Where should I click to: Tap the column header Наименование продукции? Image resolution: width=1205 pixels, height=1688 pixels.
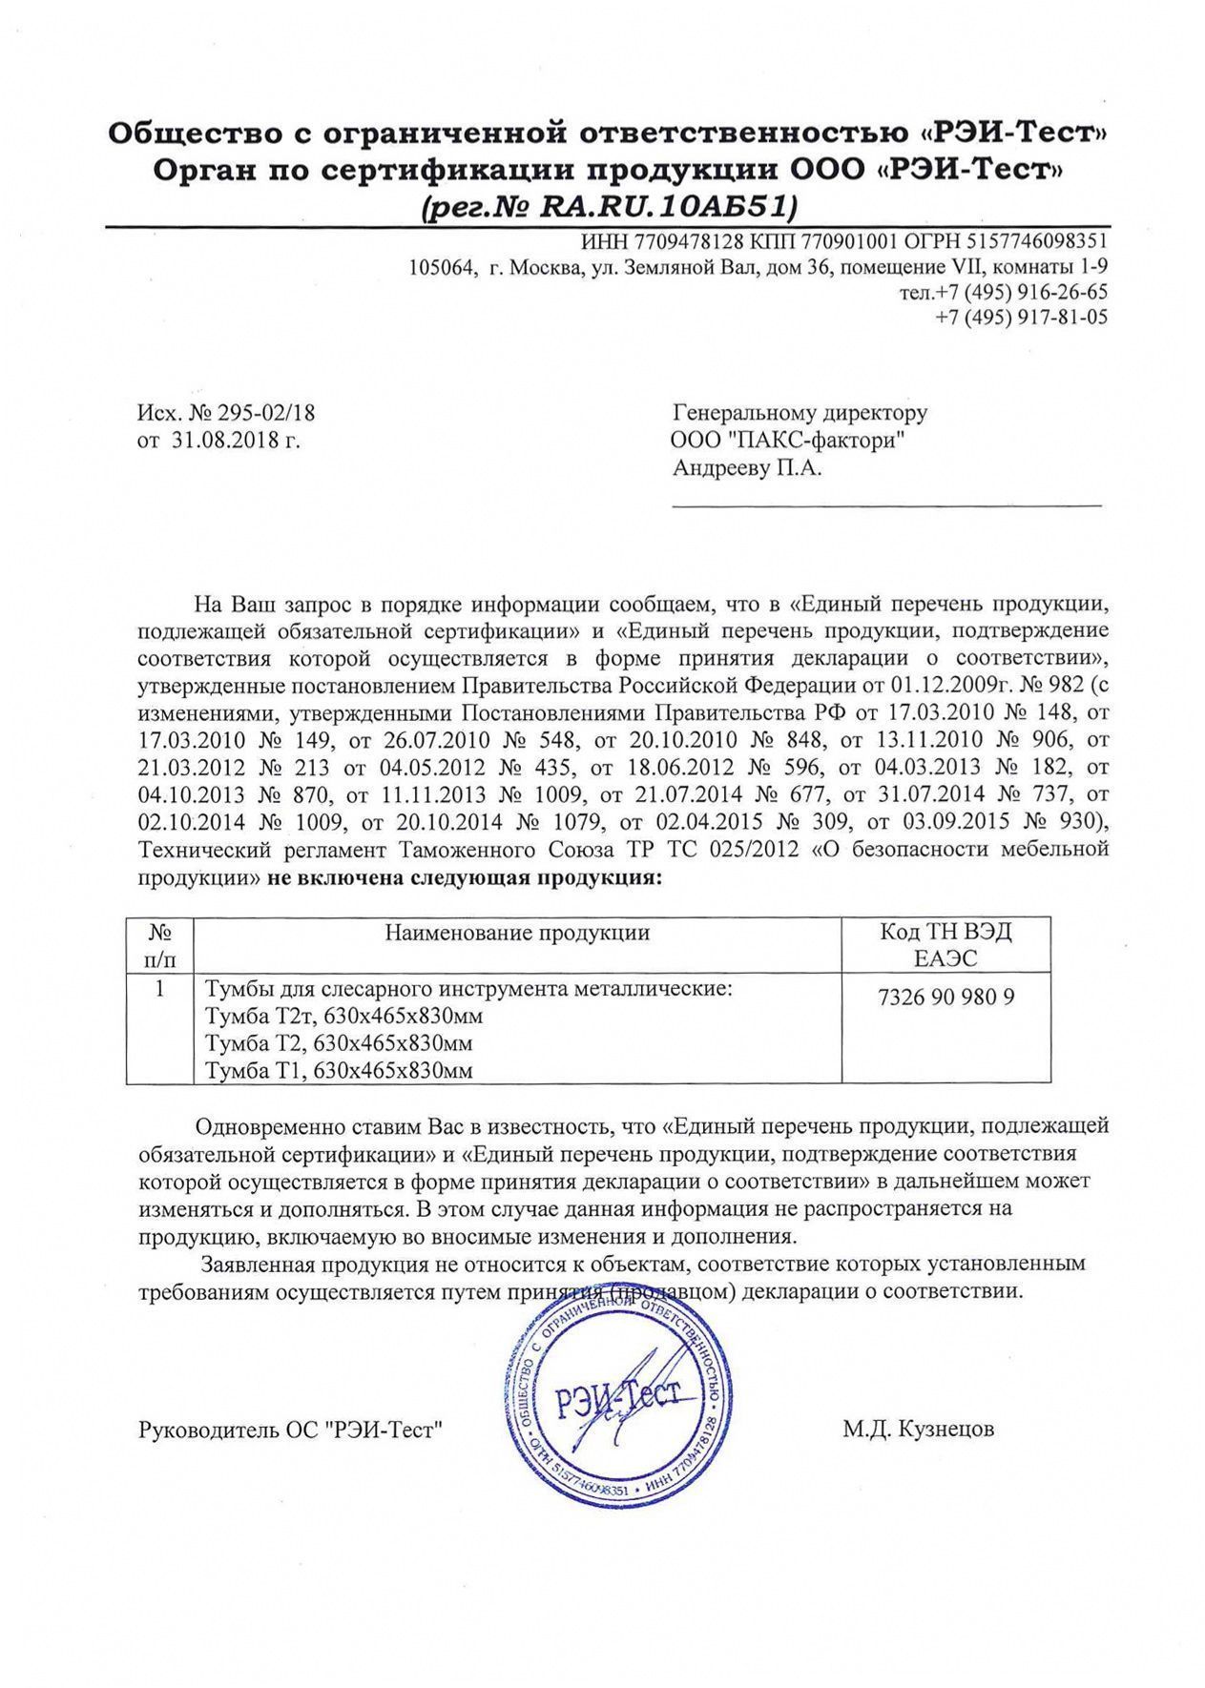517,932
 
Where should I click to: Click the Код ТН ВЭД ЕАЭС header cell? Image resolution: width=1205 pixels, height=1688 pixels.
945,944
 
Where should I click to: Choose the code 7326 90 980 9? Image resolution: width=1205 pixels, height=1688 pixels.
945,998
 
